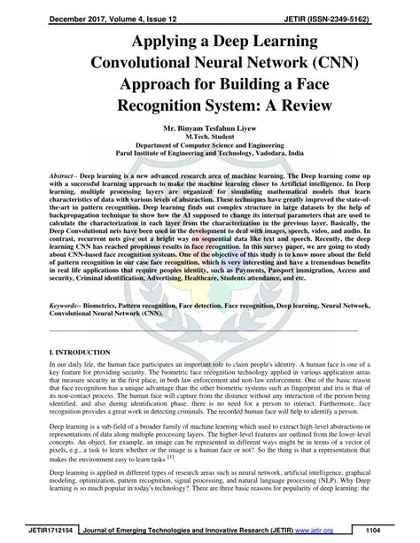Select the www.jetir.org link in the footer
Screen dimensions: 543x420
tap(337, 530)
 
